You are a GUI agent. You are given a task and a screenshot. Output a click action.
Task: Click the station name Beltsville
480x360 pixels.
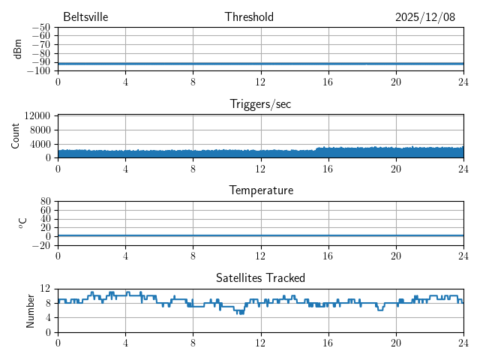click(x=85, y=17)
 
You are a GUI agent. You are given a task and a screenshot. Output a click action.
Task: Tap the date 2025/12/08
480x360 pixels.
click(x=425, y=17)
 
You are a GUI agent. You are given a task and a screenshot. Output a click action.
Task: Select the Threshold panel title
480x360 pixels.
click(x=249, y=17)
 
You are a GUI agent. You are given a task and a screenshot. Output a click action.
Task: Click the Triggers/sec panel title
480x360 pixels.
click(x=260, y=104)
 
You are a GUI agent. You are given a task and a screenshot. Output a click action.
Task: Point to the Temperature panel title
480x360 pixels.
click(x=260, y=190)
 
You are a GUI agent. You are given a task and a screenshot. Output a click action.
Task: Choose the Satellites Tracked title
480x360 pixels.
click(x=260, y=278)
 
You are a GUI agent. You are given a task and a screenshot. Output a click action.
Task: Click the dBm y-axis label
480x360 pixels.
click(x=17, y=49)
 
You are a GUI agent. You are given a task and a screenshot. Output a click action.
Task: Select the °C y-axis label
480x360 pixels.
click(x=22, y=223)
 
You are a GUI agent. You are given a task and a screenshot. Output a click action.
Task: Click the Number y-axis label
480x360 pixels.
click(x=31, y=310)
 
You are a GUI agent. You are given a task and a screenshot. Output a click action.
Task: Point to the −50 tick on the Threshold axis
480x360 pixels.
click(x=42, y=28)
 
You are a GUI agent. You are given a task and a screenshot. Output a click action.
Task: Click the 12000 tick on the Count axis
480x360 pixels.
click(x=37, y=115)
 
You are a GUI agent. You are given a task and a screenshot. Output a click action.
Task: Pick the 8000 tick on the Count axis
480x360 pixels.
click(x=40, y=130)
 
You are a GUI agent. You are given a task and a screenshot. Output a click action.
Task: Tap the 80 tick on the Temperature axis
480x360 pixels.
click(x=46, y=202)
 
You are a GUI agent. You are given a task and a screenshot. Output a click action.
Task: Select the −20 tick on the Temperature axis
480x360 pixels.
click(x=42, y=245)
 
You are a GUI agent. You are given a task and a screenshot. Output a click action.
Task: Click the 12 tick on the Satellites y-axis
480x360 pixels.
click(x=46, y=289)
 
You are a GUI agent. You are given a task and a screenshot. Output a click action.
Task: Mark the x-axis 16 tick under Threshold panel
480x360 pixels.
click(x=328, y=81)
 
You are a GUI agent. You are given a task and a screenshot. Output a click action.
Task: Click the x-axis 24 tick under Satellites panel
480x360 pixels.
click(x=463, y=343)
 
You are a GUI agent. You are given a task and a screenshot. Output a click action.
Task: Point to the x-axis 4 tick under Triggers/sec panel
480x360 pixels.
click(x=125, y=168)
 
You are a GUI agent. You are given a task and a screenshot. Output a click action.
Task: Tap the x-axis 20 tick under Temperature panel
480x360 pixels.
click(x=395, y=256)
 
